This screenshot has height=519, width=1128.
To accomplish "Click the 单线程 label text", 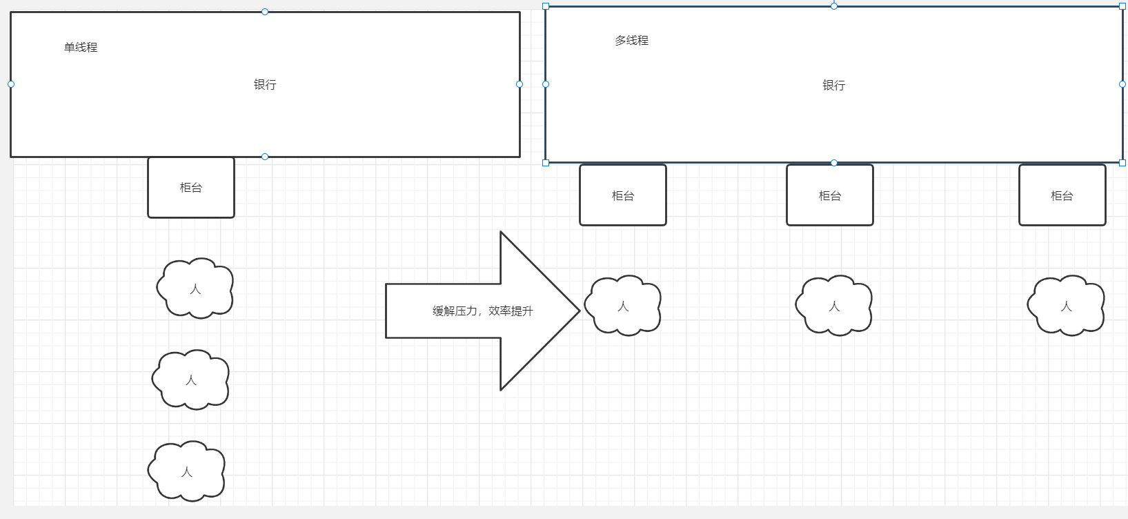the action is [x=81, y=48].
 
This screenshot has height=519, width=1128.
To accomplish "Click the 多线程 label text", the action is [x=631, y=41].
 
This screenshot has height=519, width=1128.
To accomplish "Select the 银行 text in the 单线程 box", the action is [x=265, y=85].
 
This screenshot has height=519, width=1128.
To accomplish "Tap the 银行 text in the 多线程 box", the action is [x=833, y=86].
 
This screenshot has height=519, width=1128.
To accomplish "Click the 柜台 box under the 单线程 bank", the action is [x=191, y=188].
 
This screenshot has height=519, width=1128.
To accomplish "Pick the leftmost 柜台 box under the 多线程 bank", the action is [x=623, y=196].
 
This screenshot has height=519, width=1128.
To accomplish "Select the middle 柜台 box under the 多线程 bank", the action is [x=830, y=196].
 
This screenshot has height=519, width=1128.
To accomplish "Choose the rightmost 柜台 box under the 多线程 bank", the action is [x=1062, y=196].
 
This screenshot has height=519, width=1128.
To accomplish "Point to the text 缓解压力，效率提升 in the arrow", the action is [x=483, y=311].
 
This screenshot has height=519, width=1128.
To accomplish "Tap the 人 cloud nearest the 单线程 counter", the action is [x=195, y=289].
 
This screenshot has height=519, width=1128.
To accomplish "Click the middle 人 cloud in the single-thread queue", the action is [x=191, y=380].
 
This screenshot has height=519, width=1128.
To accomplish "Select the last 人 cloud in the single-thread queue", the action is [x=187, y=472].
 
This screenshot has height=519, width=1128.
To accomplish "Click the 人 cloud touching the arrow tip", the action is [x=623, y=306].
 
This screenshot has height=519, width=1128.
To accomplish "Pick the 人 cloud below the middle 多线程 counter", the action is [x=834, y=306].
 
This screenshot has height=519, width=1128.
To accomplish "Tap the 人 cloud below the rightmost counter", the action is [x=1066, y=306].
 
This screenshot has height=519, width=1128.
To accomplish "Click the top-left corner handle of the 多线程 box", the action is [x=546, y=6].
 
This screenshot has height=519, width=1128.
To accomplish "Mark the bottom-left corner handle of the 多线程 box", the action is [x=546, y=163].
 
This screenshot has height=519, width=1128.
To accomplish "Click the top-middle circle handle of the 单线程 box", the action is [x=265, y=12].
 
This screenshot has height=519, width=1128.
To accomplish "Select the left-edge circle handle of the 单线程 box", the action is [x=11, y=84].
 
